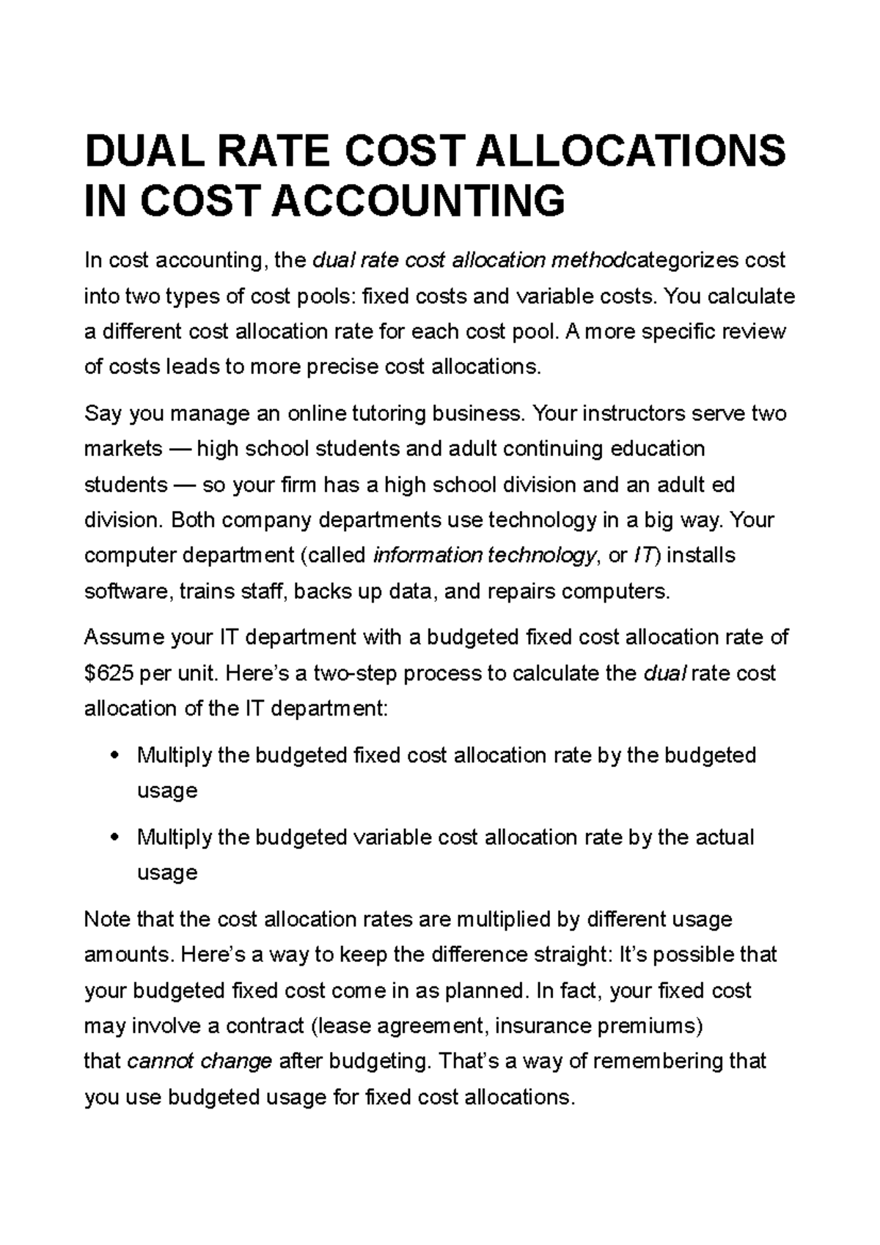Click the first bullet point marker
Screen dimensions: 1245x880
(112, 755)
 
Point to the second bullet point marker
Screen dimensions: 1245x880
(112, 837)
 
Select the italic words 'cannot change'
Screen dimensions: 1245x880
(199, 1061)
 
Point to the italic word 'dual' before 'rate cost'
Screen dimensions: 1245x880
(664, 673)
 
